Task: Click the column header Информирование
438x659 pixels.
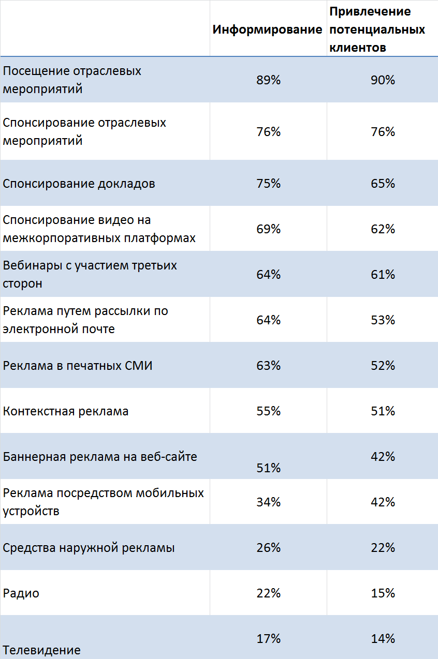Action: pyautogui.click(x=267, y=29)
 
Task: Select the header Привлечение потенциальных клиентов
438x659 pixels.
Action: pyautogui.click(x=377, y=29)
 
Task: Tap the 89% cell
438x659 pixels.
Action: pyautogui.click(x=268, y=80)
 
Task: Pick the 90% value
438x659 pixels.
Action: pyautogui.click(x=383, y=80)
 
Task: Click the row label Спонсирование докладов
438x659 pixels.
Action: pyautogui.click(x=79, y=184)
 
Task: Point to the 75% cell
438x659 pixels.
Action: pyautogui.click(x=268, y=184)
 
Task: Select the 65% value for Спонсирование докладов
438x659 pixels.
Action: pyautogui.click(x=383, y=184)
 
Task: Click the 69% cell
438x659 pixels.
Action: pyautogui.click(x=268, y=229)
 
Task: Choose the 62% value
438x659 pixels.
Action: pyautogui.click(x=383, y=229)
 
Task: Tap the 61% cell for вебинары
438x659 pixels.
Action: pyautogui.click(x=383, y=275)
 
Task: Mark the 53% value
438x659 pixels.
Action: pyautogui.click(x=383, y=320)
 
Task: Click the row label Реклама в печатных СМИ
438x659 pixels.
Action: pyautogui.click(x=78, y=366)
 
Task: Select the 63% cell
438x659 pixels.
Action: pyautogui.click(x=268, y=366)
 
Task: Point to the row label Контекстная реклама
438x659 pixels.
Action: pyautogui.click(x=66, y=411)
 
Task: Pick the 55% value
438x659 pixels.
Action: pyautogui.click(x=268, y=411)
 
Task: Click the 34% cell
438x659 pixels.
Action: pyautogui.click(x=268, y=502)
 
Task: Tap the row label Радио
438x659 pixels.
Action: pyautogui.click(x=21, y=593)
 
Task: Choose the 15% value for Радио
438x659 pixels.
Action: pyautogui.click(x=383, y=593)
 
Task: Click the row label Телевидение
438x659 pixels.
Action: pyautogui.click(x=42, y=650)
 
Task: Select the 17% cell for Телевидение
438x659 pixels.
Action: pyautogui.click(x=268, y=639)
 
